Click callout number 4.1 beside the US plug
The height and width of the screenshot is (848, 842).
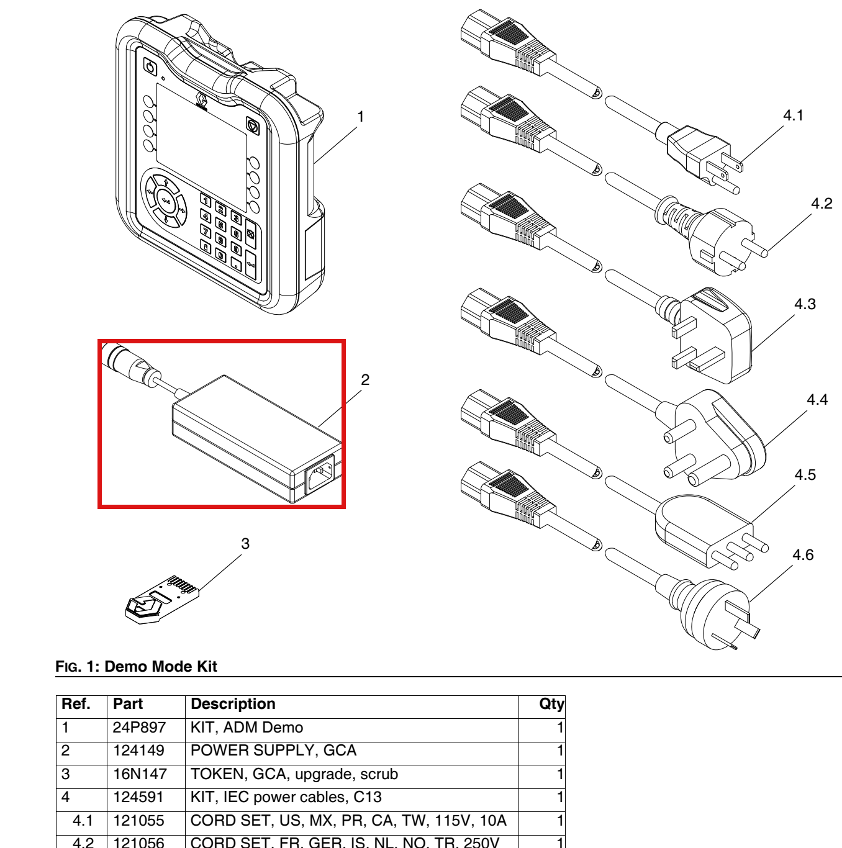[793, 115]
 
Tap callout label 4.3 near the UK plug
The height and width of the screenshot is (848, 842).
[805, 304]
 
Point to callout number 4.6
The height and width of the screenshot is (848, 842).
[803, 554]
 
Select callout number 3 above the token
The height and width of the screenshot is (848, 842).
[245, 543]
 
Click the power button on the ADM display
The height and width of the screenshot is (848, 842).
[150, 68]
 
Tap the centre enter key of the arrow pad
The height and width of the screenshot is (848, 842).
[166, 201]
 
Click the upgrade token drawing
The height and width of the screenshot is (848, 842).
[162, 599]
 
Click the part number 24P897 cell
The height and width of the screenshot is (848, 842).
[139, 728]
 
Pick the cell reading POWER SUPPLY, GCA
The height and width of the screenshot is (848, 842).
[273, 751]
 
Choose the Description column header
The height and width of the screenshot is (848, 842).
[233, 703]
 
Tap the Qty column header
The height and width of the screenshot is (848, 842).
[551, 704]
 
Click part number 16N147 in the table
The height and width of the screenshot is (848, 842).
[140, 774]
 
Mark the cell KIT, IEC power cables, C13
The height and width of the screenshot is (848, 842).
[286, 797]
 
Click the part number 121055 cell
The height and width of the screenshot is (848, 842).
[138, 821]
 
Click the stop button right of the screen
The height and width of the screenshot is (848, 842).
[253, 126]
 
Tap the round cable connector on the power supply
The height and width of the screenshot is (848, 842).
[130, 363]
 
